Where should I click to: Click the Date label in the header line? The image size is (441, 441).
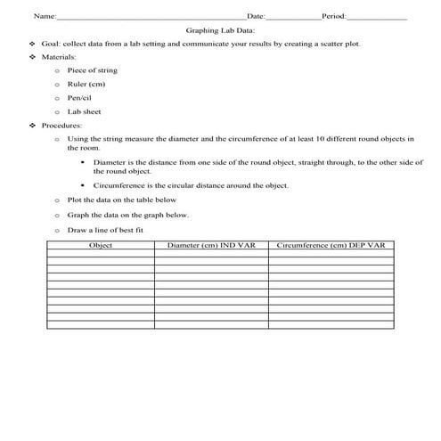pos(255,17)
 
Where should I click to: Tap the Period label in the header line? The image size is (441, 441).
pos(333,17)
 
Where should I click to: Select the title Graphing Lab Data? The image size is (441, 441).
pos(220,30)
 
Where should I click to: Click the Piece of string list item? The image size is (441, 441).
pos(92,70)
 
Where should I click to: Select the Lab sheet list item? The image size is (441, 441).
pos(85,112)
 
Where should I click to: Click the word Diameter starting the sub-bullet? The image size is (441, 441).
pos(110,164)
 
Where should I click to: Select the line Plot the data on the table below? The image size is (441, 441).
pos(127,200)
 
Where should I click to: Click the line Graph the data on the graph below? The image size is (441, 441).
pos(127,215)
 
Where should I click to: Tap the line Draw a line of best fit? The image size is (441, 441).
pos(105,230)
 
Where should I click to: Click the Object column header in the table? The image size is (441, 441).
pos(101,243)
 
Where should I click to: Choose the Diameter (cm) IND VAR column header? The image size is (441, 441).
pos(211,243)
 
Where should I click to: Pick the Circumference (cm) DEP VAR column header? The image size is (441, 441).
pos(331,243)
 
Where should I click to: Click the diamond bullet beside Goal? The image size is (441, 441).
pos(32,43)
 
